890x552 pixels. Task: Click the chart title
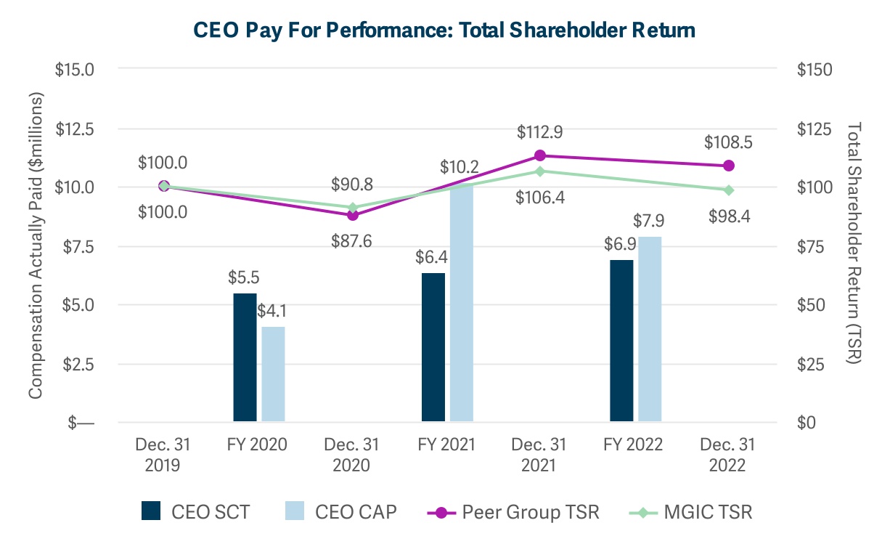pos(444,30)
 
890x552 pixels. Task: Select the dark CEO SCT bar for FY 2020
pos(245,357)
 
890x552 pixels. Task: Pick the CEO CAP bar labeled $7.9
pos(650,329)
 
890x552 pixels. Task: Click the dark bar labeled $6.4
pos(433,347)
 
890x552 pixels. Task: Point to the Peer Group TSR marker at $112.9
pos(540,155)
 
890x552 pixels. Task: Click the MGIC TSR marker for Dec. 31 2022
pos(728,190)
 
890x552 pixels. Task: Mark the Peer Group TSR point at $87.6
pos(353,215)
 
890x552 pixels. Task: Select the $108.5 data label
pos(728,142)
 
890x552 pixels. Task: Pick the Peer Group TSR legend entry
pos(514,512)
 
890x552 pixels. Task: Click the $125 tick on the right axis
pos(814,129)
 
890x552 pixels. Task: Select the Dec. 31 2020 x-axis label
pos(353,455)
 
